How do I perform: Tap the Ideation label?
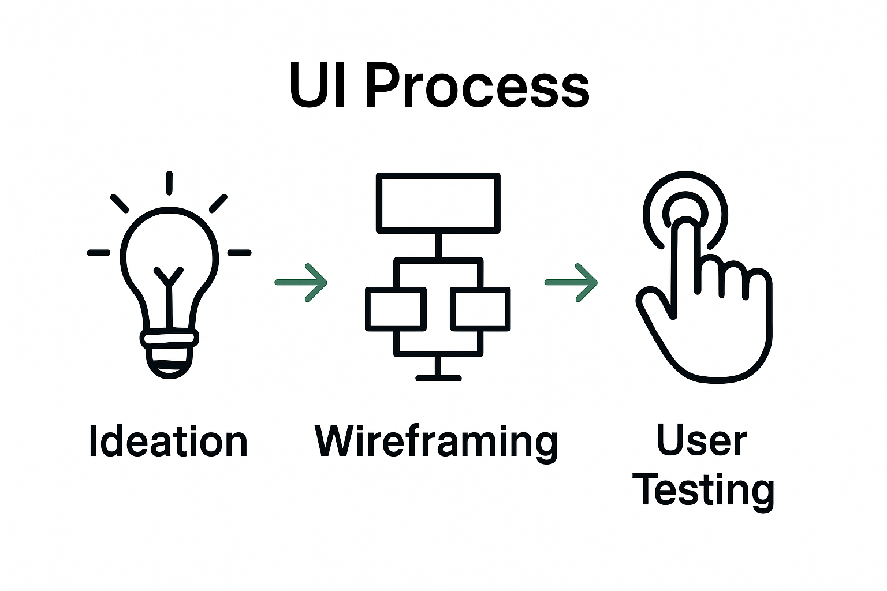pos(168,442)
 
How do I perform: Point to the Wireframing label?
pos(437,442)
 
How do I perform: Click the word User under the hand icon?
pos(702,441)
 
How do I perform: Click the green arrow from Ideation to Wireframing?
pos(301,283)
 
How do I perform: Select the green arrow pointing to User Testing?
pos(571,283)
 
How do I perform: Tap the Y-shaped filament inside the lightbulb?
pos(168,277)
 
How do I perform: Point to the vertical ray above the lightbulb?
pos(169,183)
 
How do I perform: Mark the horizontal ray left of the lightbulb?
pos(99,253)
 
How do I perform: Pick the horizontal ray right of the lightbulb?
pos(239,253)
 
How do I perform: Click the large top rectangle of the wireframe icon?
pos(438,203)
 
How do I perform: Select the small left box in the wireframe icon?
pos(396,309)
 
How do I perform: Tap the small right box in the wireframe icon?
pos(480,309)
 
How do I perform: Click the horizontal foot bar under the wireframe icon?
pos(438,379)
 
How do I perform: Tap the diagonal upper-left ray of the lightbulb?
pos(120,203)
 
